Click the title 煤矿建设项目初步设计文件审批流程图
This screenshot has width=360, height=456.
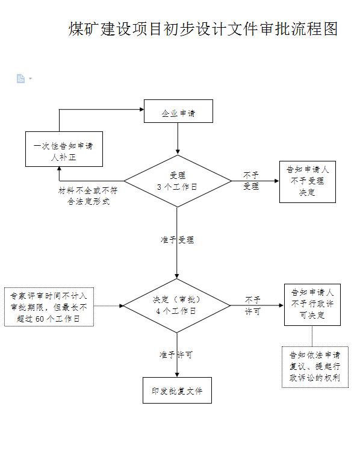point(203,29)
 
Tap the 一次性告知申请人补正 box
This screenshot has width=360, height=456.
point(63,149)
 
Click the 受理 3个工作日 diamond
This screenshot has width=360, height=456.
point(177,181)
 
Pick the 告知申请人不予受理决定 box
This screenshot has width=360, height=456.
point(307,181)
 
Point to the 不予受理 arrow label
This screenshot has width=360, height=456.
point(251,181)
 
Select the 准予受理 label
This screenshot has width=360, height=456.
point(177,239)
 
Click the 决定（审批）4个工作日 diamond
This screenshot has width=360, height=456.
point(176,305)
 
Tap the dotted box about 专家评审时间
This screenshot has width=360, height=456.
point(49,307)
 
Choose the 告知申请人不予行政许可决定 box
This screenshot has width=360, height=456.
point(312,304)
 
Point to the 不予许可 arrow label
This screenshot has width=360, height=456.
point(252,305)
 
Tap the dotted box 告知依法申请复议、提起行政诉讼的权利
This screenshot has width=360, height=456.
point(314,366)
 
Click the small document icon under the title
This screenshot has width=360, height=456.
point(20,78)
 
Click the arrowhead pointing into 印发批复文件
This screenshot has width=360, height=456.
point(177,374)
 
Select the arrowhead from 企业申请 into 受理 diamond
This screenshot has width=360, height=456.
point(177,151)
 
